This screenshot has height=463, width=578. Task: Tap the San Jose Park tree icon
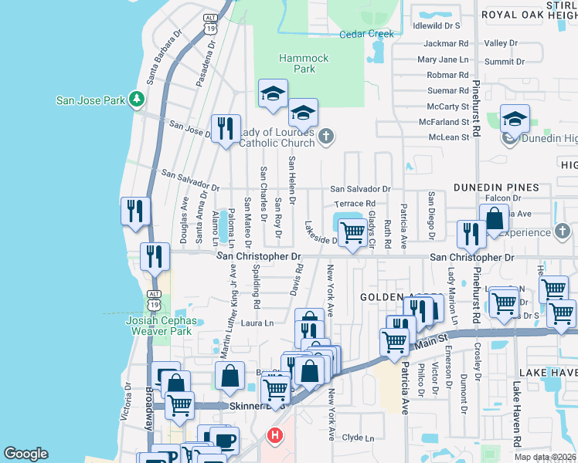coord(136,98)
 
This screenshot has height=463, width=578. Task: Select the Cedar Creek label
coord(367,34)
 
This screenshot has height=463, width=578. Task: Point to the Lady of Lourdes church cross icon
coord(326,137)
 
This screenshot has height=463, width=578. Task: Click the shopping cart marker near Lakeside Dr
coord(352,231)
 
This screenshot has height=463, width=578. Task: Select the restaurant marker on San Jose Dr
coord(226,128)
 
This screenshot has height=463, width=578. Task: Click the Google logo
coord(25,453)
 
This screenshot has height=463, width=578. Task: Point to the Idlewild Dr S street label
coord(437,25)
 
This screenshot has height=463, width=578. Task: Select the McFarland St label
coord(444,122)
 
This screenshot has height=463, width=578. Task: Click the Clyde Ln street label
coord(357,438)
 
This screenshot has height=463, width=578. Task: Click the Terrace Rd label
coord(354,204)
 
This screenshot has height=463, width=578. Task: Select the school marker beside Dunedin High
coord(515,119)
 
